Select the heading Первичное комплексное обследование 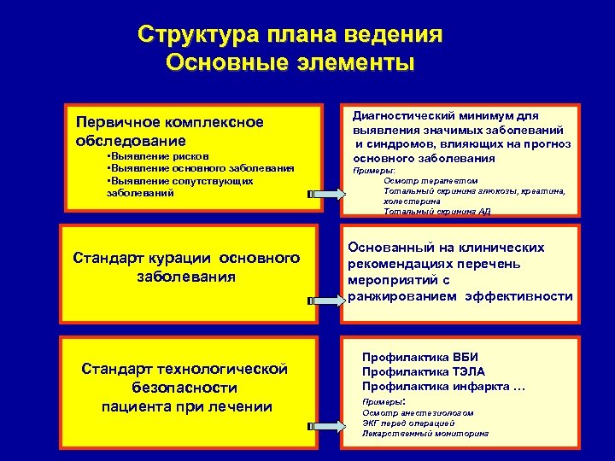[x=169, y=131]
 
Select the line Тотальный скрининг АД [x=436, y=211]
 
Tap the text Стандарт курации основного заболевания [x=186, y=266]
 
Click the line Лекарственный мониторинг [x=425, y=434]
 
